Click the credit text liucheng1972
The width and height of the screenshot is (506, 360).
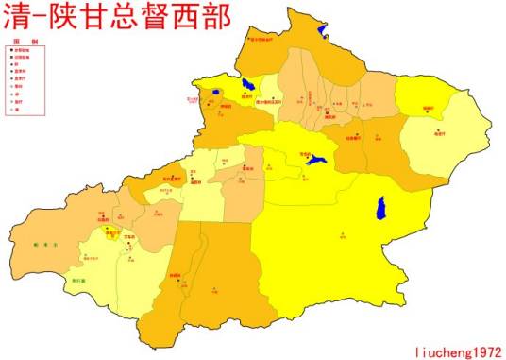tap(458, 350)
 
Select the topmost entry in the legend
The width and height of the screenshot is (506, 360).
tap(22, 51)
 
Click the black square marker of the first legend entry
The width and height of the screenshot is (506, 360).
tap(10, 51)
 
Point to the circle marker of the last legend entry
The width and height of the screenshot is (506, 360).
tap(10, 111)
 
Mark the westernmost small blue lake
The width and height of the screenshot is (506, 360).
tap(216, 92)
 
